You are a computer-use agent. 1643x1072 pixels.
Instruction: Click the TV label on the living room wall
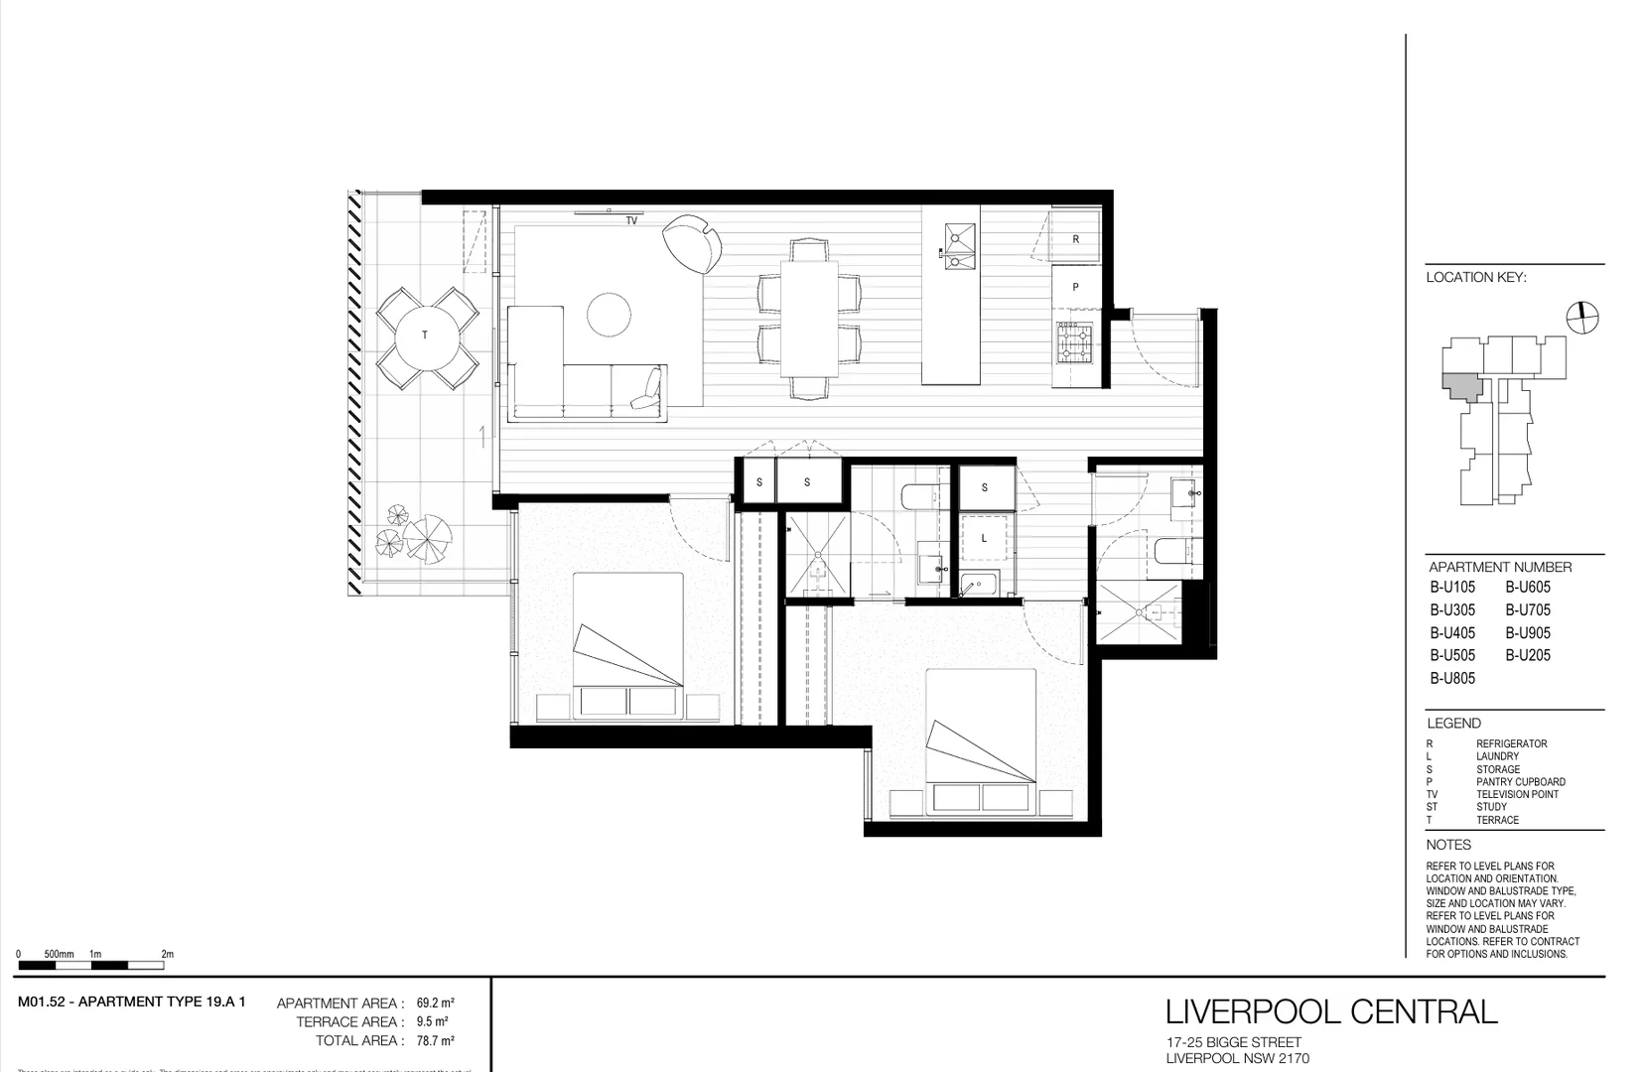click(631, 220)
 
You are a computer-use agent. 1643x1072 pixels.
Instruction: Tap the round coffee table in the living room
click(609, 315)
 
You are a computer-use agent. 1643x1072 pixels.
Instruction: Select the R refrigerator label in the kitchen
click(1075, 239)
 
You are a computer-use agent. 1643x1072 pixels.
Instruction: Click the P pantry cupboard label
click(1075, 287)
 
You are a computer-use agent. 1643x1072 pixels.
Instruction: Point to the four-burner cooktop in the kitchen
click(1073, 342)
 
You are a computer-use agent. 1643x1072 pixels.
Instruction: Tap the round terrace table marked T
click(426, 335)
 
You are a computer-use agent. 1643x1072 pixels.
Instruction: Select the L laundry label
click(984, 539)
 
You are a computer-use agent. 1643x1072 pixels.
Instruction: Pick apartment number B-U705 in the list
click(1527, 610)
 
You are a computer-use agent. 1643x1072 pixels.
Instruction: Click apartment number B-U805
click(1452, 679)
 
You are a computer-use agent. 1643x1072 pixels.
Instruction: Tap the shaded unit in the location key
click(1461, 385)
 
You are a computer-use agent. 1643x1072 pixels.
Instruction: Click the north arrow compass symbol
click(1582, 318)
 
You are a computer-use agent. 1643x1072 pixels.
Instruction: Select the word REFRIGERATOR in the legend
click(1511, 743)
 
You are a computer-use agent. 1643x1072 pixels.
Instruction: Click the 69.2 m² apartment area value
click(435, 1004)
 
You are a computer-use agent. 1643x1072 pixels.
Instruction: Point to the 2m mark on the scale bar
click(167, 955)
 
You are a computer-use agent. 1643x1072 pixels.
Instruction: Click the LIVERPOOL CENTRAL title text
click(1330, 1011)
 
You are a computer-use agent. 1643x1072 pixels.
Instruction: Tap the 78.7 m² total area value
click(435, 1041)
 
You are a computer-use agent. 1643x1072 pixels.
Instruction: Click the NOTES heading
click(1448, 845)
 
